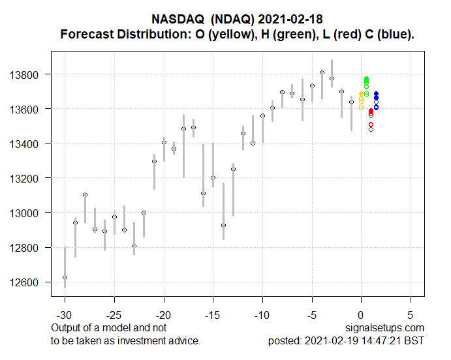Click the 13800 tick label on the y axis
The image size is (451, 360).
point(29,74)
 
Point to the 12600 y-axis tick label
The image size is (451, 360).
point(29,282)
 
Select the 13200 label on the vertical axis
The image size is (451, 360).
point(29,178)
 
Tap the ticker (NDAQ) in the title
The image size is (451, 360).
point(238,20)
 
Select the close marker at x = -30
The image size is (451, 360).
point(65,277)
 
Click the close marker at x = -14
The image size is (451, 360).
point(223,225)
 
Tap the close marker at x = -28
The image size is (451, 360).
point(85,194)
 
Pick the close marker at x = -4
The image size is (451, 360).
point(322,72)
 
